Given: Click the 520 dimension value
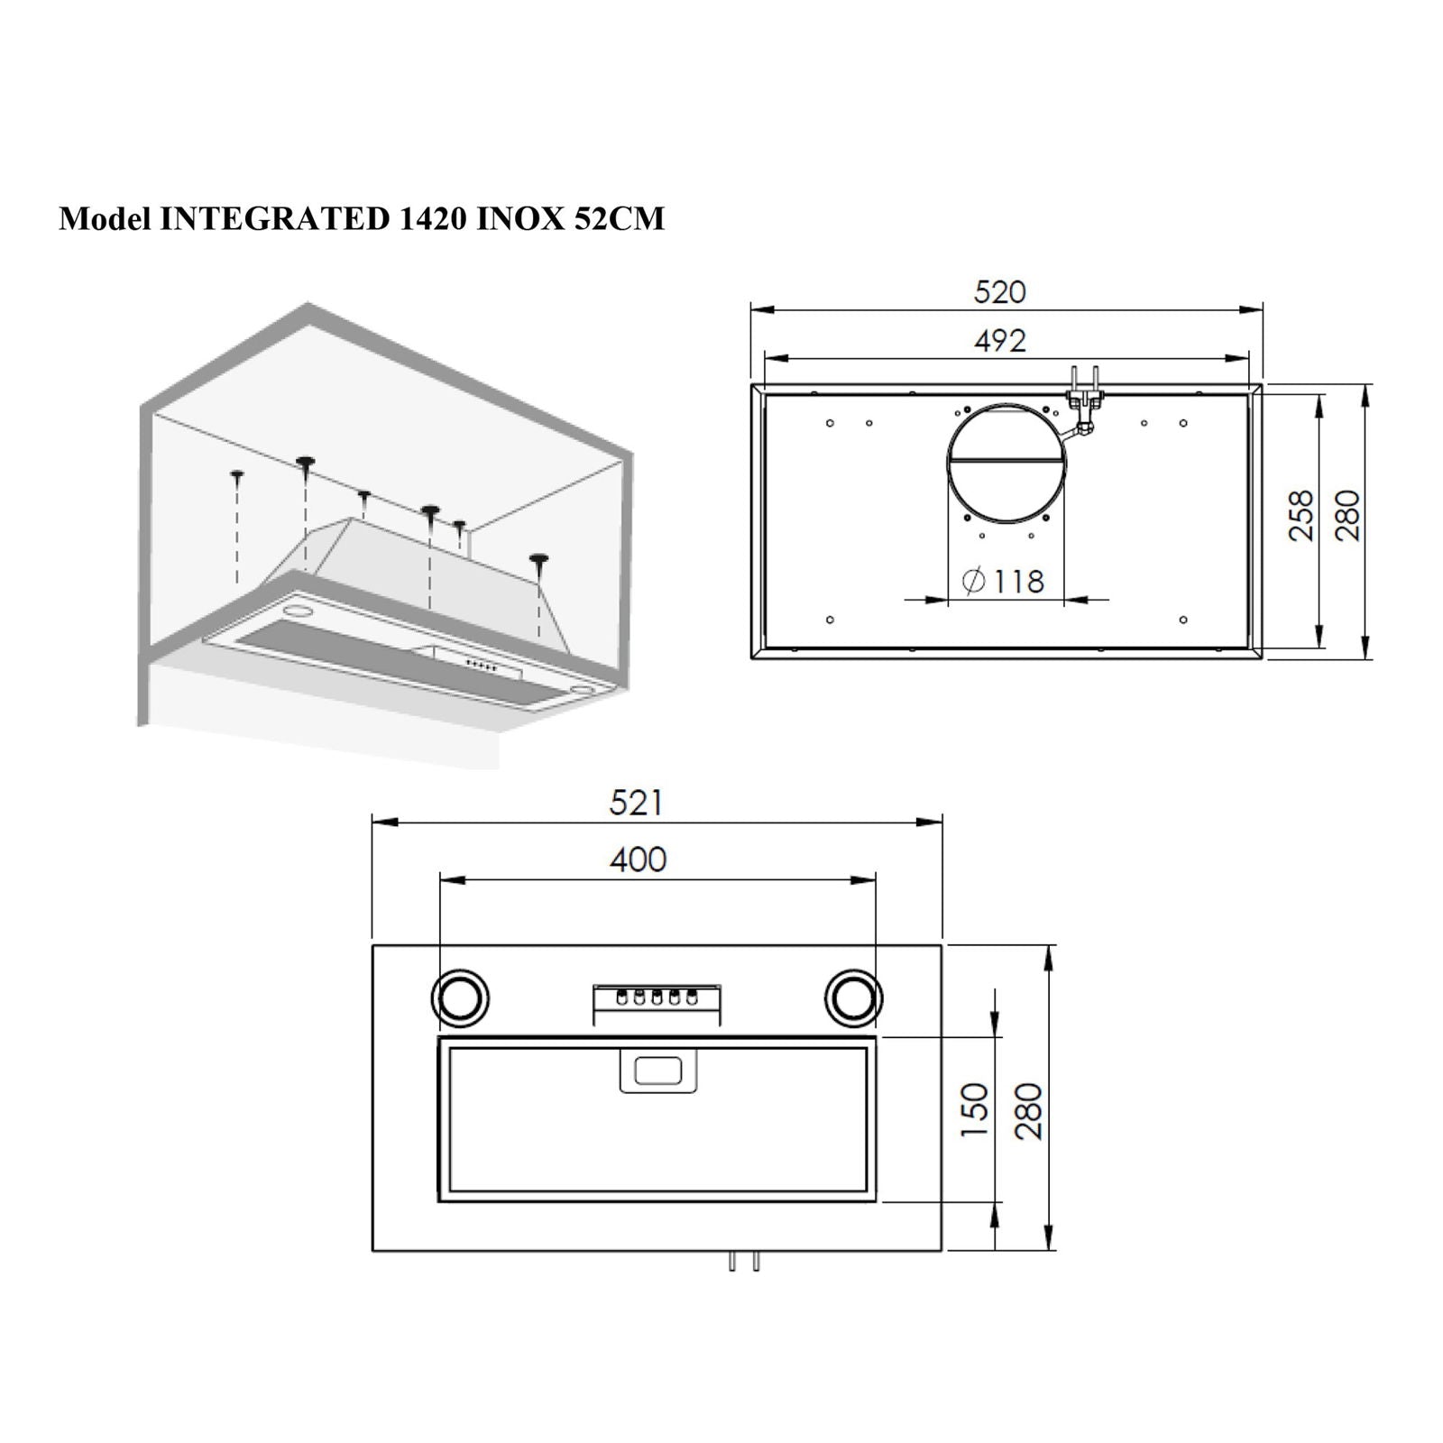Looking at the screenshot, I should (x=1000, y=292).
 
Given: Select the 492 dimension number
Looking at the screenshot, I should (x=1000, y=341).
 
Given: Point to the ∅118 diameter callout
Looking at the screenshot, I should (x=1004, y=582).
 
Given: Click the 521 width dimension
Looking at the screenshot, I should (x=636, y=803).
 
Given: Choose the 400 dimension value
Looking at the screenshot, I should (x=638, y=859).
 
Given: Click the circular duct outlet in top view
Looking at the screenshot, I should (x=1006, y=464).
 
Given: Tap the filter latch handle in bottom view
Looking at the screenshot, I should (x=657, y=1072).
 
